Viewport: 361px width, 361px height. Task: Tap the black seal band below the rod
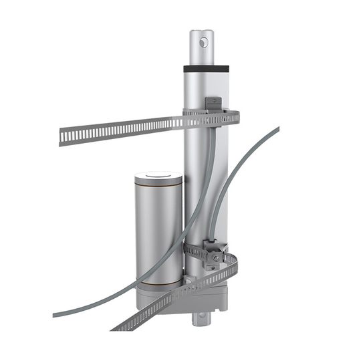pyautogui.click(x=207, y=68)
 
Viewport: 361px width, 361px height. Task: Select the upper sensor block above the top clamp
pyautogui.click(x=213, y=103)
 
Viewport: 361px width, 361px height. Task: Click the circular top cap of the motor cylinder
pyautogui.click(x=158, y=177)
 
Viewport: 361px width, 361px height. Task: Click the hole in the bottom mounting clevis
pyautogui.click(x=199, y=320)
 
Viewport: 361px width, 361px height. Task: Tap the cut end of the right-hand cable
pyautogui.click(x=277, y=128)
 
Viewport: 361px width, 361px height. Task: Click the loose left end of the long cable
pyautogui.click(x=55, y=314)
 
